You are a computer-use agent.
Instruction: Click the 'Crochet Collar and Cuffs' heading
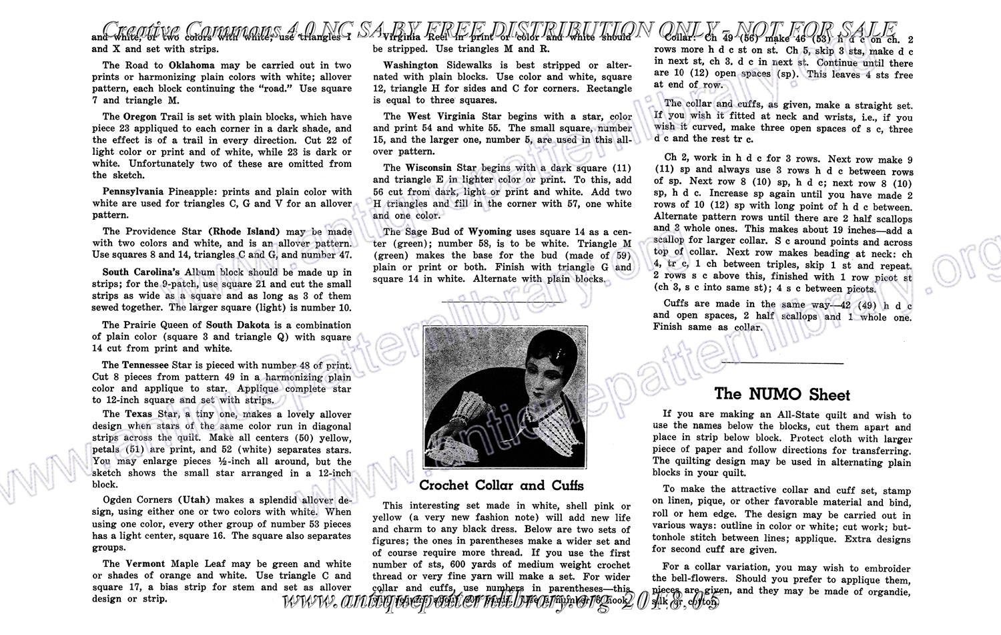pos(501,485)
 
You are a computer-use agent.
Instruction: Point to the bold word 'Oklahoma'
pos(192,65)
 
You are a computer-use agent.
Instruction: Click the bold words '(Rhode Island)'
pos(244,232)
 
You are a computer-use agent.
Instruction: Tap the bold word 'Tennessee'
pos(145,365)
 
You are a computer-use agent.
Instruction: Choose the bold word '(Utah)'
pos(194,500)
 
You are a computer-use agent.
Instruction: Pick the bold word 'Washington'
pos(410,65)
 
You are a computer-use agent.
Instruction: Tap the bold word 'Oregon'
pos(140,116)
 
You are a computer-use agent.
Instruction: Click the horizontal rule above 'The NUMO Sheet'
pos(782,363)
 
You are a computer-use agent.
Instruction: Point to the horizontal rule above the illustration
pos(501,302)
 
